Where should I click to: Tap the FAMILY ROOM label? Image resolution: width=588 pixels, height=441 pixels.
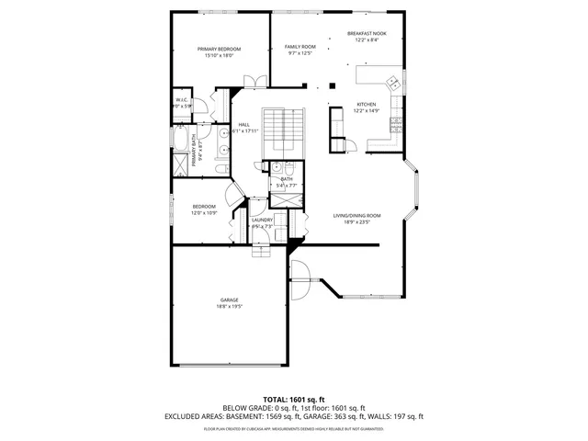point(300,46)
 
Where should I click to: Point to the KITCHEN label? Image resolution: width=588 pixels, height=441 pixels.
point(367,105)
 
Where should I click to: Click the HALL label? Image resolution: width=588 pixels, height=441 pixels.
point(244,125)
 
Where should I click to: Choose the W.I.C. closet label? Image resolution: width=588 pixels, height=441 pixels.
point(181,100)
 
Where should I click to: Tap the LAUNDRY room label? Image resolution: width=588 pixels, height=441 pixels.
point(262,220)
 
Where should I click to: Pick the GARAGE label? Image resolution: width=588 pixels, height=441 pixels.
point(229,300)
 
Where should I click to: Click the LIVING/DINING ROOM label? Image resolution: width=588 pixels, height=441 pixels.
point(356,215)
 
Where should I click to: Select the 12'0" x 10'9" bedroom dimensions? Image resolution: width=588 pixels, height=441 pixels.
point(203,212)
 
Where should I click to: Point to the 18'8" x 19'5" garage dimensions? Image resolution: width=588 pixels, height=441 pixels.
point(229,306)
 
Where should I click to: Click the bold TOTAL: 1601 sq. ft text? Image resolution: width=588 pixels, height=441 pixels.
point(294,400)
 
